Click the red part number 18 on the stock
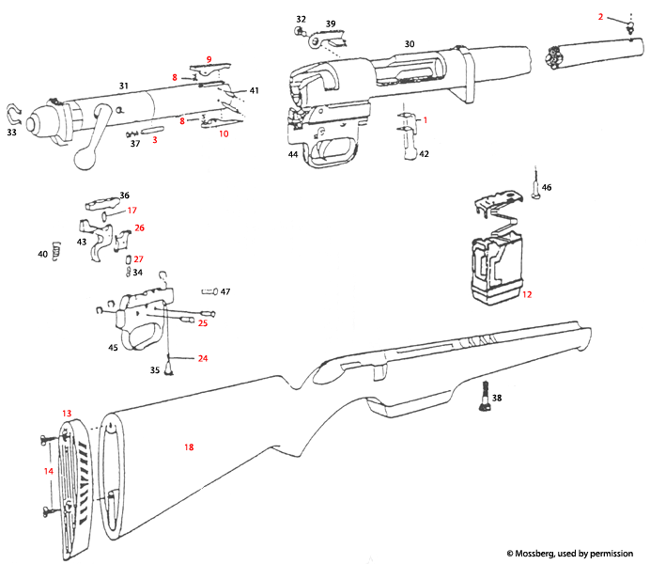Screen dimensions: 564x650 click(189, 447)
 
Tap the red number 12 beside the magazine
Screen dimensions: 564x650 click(527, 294)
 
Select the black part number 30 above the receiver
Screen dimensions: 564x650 click(409, 44)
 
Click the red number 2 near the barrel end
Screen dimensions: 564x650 click(600, 16)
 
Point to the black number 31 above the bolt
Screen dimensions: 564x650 click(123, 86)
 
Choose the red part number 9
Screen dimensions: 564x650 click(209, 60)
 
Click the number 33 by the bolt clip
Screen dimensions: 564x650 click(12, 133)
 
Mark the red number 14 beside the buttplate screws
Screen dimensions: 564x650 click(49, 470)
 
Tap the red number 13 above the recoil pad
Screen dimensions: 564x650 click(66, 414)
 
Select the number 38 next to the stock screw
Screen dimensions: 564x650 click(496, 398)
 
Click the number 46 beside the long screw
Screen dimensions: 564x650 click(547, 188)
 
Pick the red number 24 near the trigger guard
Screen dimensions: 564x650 click(203, 358)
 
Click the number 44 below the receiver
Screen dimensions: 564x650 click(293, 153)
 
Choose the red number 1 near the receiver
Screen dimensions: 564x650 click(424, 120)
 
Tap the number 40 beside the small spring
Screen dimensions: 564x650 click(42, 254)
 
